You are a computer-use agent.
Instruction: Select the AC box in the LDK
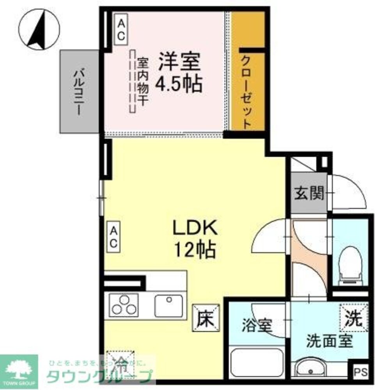click(113, 238)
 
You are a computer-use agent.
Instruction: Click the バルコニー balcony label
click(79, 92)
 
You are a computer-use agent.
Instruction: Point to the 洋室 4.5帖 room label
click(180, 73)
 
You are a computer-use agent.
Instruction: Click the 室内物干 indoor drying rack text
click(143, 82)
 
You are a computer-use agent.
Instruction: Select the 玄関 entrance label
click(309, 194)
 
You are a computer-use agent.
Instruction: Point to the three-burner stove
click(124, 305)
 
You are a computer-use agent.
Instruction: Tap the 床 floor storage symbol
click(206, 317)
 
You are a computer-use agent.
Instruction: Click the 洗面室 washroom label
click(330, 341)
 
